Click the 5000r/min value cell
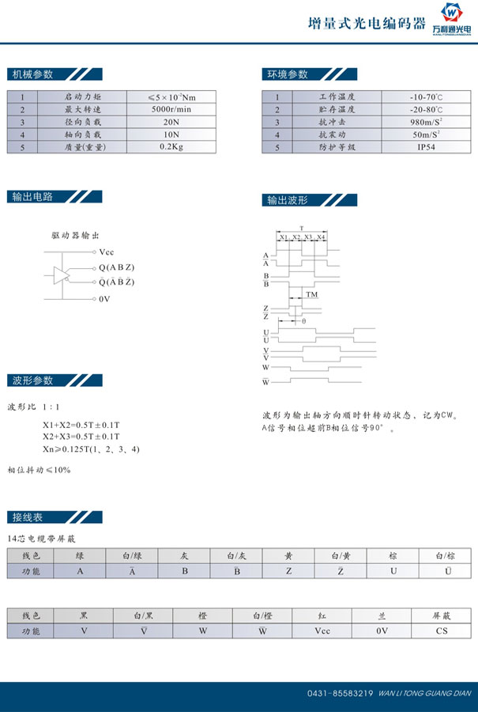click(x=171, y=109)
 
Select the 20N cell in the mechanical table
click(x=171, y=123)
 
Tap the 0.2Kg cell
click(x=171, y=147)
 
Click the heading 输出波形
click(x=287, y=200)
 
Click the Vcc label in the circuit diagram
click(x=107, y=251)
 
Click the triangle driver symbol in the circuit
click(x=61, y=275)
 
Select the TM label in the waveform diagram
click(x=312, y=294)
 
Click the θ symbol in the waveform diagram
click(x=303, y=321)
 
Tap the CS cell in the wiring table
click(x=442, y=631)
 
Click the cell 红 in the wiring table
click(x=322, y=615)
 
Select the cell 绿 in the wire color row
click(x=80, y=556)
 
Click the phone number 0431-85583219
click(x=340, y=694)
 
